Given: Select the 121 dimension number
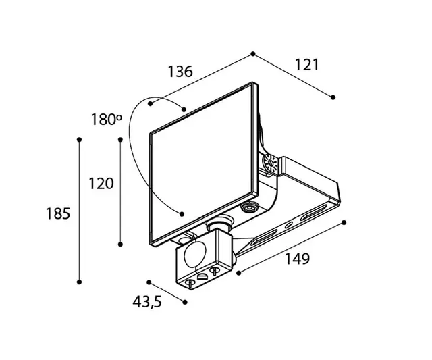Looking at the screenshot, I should click(306, 64).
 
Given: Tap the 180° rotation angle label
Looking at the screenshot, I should click(107, 121).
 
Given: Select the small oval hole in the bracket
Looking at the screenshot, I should click(288, 224).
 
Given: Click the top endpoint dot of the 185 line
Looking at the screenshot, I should click(80, 139).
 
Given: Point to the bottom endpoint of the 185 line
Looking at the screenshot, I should click(80, 282).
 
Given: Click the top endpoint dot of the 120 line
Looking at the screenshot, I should click(120, 139).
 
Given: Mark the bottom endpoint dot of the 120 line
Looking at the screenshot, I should click(120, 244).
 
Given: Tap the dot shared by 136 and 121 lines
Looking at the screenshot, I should click(253, 53).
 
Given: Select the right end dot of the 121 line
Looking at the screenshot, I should click(333, 97).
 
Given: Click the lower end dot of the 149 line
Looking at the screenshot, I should click(238, 273).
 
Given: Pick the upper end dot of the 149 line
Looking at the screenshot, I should click(344, 222).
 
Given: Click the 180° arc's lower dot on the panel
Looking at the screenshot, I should click(182, 214).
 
